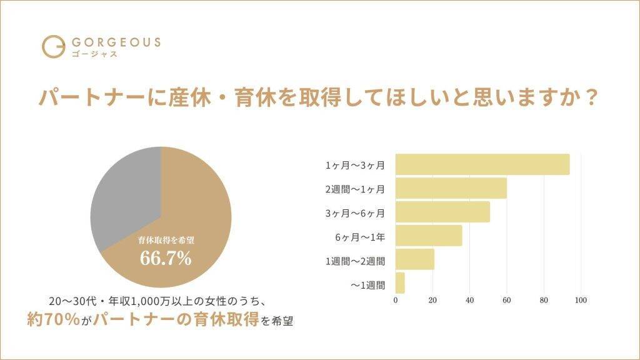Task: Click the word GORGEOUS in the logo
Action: [116, 42]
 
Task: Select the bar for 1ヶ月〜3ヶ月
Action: [482, 164]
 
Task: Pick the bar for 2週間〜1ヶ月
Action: [451, 188]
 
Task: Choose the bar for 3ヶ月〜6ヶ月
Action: [442, 212]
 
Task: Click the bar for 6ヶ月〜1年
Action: [429, 236]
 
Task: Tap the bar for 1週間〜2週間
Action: [415, 259]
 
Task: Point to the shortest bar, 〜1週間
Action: [400, 283]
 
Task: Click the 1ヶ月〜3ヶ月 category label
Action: [355, 166]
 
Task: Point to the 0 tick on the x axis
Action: [396, 301]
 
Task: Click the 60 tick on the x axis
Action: [507, 301]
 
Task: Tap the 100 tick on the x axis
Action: [581, 301]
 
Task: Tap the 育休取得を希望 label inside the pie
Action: [166, 239]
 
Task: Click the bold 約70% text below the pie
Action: [53, 320]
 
